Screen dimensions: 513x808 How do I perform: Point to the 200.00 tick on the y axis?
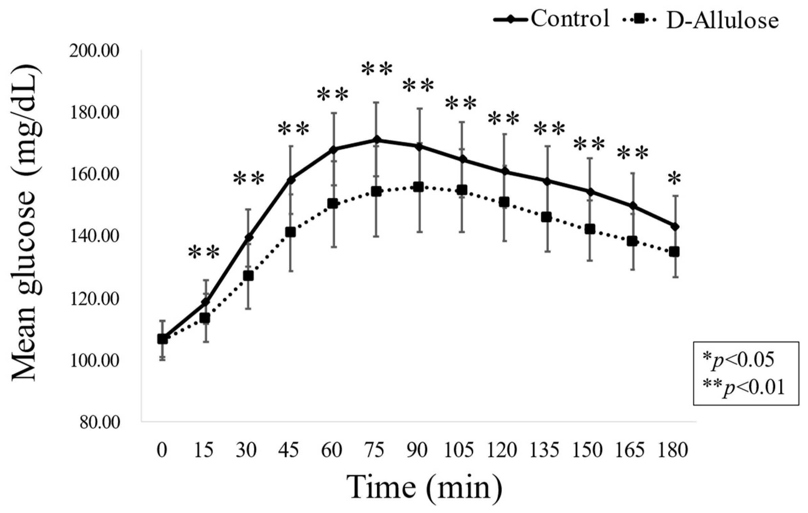[94, 51]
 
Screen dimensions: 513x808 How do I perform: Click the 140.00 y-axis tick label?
[94, 237]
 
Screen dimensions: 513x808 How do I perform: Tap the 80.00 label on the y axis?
[100, 423]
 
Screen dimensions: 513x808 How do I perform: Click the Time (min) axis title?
[425, 488]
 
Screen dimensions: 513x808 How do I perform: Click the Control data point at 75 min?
[376, 139]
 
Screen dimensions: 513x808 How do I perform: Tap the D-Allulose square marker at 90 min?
[419, 187]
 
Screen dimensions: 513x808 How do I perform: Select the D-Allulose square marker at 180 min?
[674, 252]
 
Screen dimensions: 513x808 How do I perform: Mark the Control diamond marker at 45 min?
[290, 180]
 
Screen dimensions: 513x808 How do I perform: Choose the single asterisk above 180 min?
[674, 179]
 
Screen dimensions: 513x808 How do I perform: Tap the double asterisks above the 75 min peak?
[377, 70]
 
